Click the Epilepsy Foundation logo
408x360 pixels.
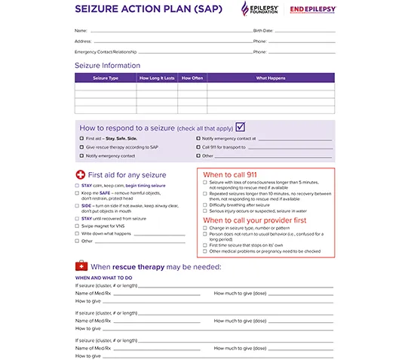[258, 9]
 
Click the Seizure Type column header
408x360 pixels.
[106, 78]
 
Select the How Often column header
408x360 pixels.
[193, 78]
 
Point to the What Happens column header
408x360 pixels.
[271, 78]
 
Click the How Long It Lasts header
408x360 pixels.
[157, 78]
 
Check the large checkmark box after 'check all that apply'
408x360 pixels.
[241, 127]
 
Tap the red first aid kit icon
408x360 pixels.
[81, 266]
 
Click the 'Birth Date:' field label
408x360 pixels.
[262, 30]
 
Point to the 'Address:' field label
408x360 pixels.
[83, 41]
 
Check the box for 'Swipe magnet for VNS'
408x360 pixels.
[77, 226]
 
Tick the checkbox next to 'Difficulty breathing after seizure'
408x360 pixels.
[205, 205]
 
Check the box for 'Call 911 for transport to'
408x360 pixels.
[198, 147]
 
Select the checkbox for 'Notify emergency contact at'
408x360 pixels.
[198, 139]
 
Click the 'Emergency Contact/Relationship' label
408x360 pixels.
[106, 51]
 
